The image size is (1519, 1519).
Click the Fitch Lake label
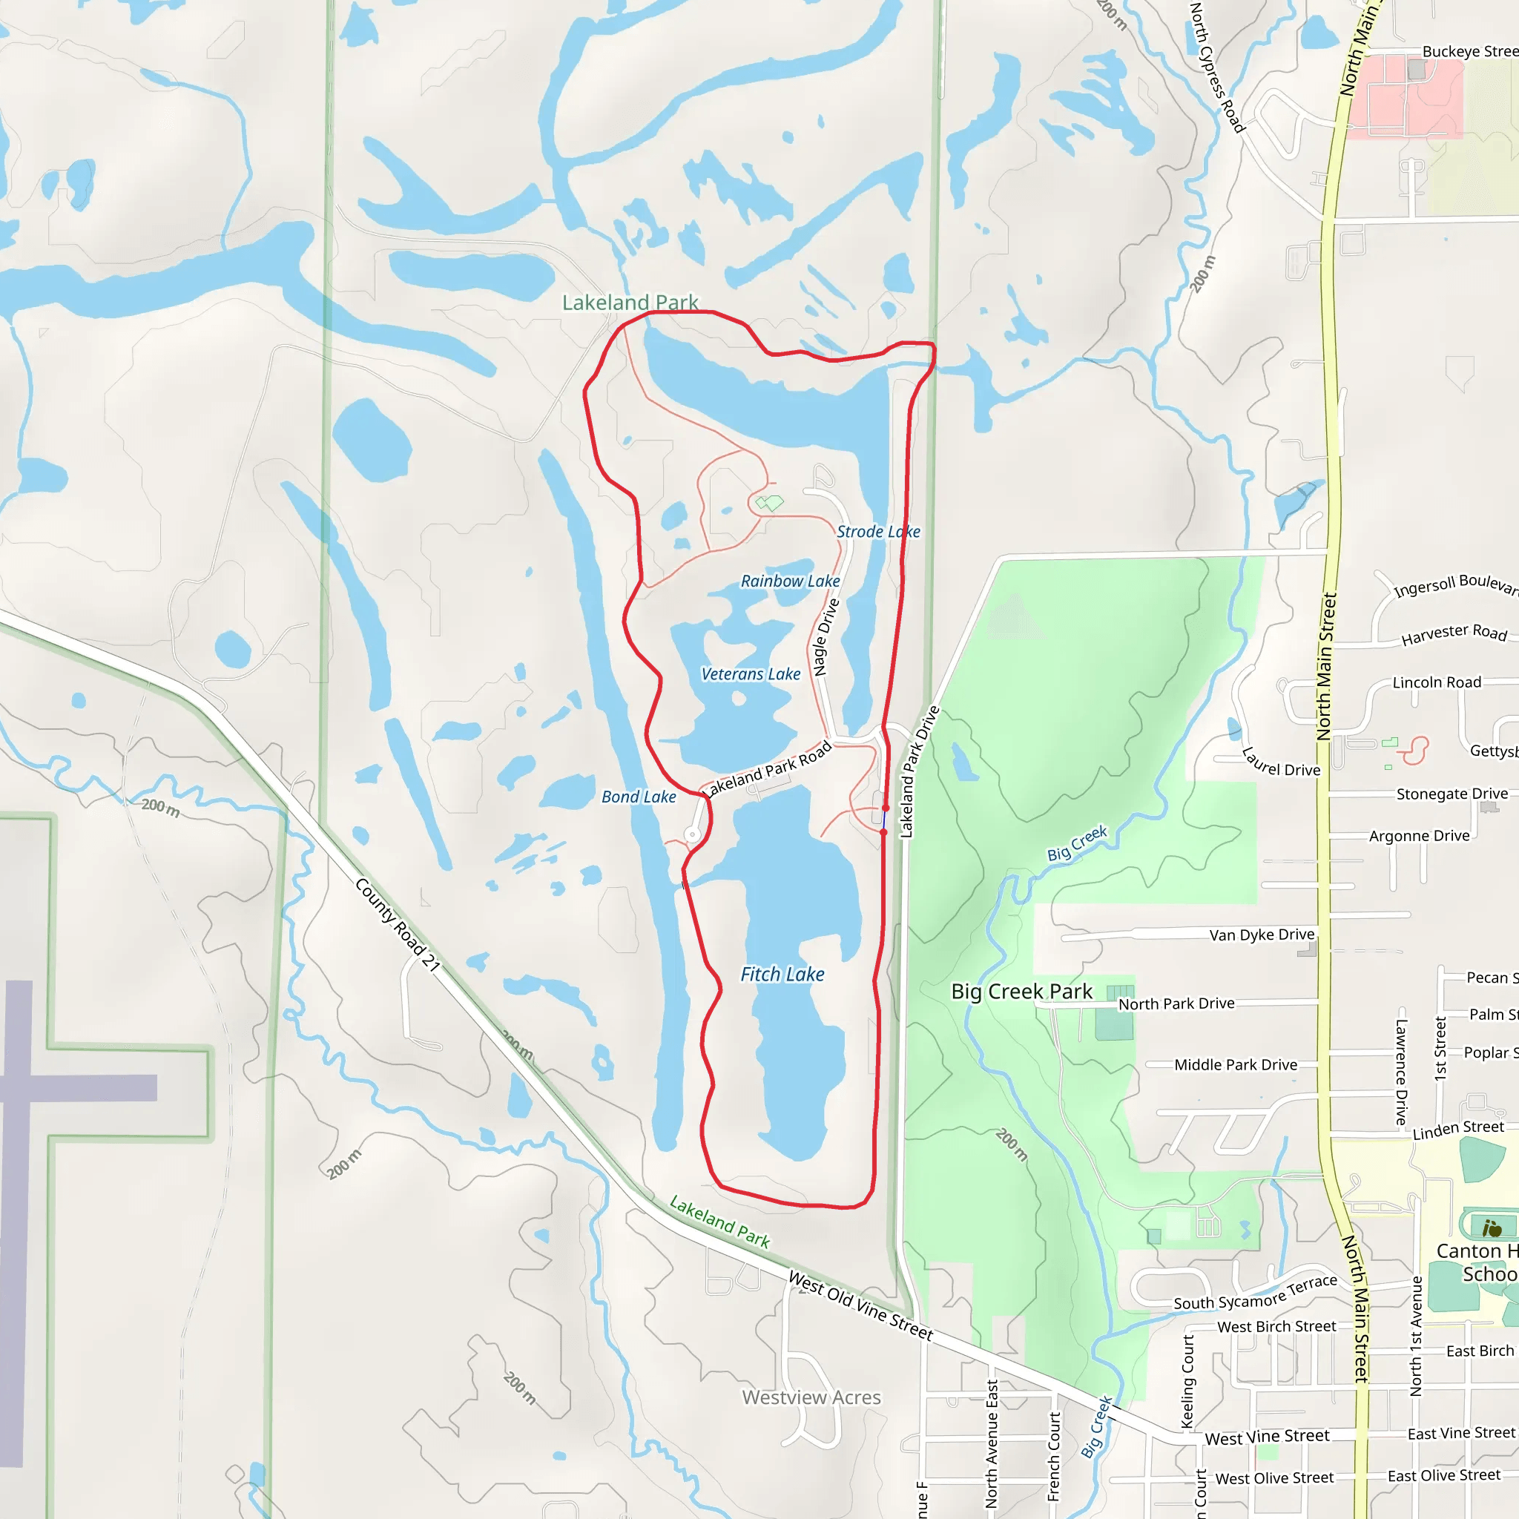coord(782,974)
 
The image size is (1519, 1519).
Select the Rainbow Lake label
coord(790,581)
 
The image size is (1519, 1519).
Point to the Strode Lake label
coord(878,532)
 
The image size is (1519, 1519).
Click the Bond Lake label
coord(639,797)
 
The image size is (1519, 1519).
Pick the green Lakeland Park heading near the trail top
coord(630,303)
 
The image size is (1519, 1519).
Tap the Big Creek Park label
coord(1021,992)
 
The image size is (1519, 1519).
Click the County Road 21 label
coord(397,925)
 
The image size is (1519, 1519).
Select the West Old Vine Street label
coord(861,1306)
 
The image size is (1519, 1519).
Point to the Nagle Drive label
coord(826,637)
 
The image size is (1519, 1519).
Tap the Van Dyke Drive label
coord(1261,935)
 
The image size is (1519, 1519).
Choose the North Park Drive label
coord(1176,1004)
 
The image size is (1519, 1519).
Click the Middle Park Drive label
coord(1235,1064)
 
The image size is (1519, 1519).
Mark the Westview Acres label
coord(811,1397)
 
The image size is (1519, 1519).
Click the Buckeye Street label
coord(1469,52)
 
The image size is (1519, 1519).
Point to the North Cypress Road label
coord(1216,67)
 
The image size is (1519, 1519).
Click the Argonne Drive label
coord(1419,836)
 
